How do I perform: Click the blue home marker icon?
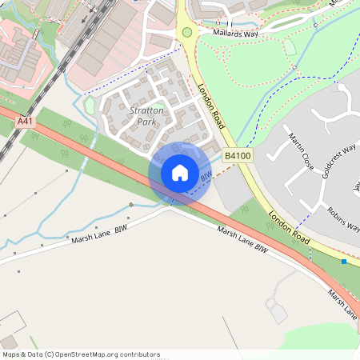(x=180, y=173)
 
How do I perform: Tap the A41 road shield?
(x=25, y=121)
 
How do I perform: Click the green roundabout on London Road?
(x=187, y=32)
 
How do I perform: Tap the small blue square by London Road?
(x=344, y=262)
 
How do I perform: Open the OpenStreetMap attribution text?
(x=81, y=354)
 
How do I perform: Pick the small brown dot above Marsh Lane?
(x=131, y=205)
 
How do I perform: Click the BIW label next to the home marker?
(x=206, y=174)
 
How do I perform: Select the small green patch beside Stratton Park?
(x=89, y=105)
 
